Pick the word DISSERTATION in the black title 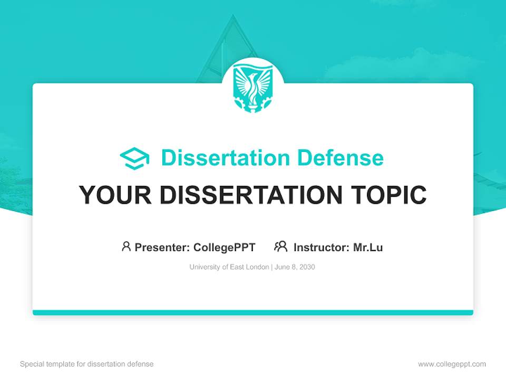[252, 195]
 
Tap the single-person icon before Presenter [126, 246]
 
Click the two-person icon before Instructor [280, 246]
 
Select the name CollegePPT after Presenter [224, 247]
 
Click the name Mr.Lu [368, 247]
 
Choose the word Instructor [322, 247]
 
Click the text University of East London [229, 267]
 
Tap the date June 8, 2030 [295, 267]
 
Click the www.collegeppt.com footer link [452, 364]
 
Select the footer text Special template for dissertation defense [87, 364]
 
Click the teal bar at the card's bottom [252, 312]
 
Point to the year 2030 [306, 267]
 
